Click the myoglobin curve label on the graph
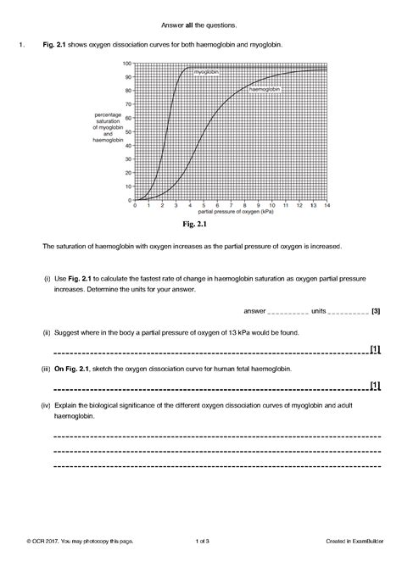(x=206, y=73)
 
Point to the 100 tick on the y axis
(x=127, y=64)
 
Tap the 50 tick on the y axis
(x=128, y=131)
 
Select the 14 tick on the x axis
(x=326, y=205)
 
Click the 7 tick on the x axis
(x=230, y=205)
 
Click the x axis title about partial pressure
(x=230, y=212)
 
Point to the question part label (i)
(x=47, y=277)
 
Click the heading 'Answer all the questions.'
(x=199, y=25)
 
